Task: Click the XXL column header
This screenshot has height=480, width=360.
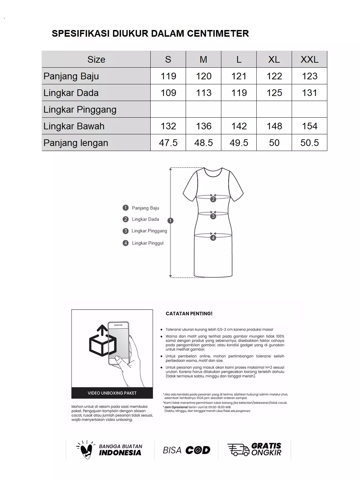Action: click(309, 59)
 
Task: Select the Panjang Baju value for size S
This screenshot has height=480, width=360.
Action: click(168, 76)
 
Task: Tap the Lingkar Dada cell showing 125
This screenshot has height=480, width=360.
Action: click(274, 93)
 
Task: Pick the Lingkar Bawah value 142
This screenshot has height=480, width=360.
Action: click(239, 126)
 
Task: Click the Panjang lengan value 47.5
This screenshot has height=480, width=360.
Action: click(168, 143)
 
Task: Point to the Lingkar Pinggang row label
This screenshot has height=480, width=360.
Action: click(80, 109)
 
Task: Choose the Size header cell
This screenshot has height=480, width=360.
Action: click(96, 59)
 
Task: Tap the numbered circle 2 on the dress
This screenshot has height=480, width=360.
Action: click(213, 199)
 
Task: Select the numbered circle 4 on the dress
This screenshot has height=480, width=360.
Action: click(213, 238)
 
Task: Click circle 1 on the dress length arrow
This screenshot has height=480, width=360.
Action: click(171, 220)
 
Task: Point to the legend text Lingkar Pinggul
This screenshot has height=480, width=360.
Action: click(148, 243)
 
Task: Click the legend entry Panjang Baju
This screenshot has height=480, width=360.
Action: click(145, 208)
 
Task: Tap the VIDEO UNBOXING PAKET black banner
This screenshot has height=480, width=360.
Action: click(112, 393)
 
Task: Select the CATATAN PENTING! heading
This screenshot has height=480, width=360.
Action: click(189, 314)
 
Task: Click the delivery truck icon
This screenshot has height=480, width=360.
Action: click(238, 450)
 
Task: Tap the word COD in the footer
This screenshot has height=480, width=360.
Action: click(198, 450)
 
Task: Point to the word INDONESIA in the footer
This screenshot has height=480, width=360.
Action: click(120, 453)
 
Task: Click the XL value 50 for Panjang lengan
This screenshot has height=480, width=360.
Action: click(274, 143)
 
